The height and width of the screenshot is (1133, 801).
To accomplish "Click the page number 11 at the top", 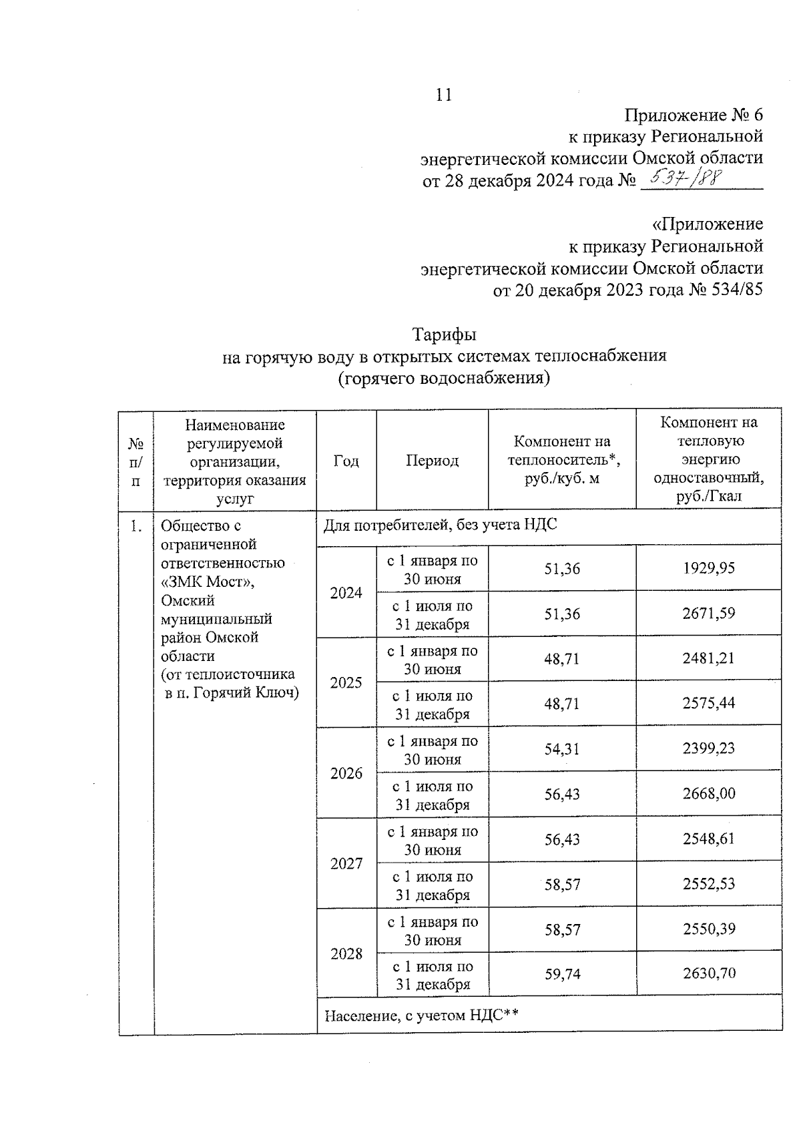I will pos(444,95).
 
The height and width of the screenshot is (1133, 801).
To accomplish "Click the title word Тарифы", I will pos(444,333).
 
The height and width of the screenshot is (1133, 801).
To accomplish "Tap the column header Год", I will pos(346,461).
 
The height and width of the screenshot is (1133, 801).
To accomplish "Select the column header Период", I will pos(432,461).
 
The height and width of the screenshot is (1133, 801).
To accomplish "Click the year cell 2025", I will pos(346,682).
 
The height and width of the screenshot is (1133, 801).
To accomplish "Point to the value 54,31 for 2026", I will pos(562,749).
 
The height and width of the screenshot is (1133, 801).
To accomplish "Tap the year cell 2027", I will pos(346,863).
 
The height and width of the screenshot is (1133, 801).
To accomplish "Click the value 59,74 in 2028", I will pos(562,974).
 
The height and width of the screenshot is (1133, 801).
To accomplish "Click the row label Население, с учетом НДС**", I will pos(421,1016).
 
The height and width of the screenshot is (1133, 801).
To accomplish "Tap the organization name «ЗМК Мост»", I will pos(208,582).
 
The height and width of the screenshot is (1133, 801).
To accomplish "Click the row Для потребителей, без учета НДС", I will pos(440,525).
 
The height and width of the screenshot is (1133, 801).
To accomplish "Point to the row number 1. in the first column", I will pos(136,527).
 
